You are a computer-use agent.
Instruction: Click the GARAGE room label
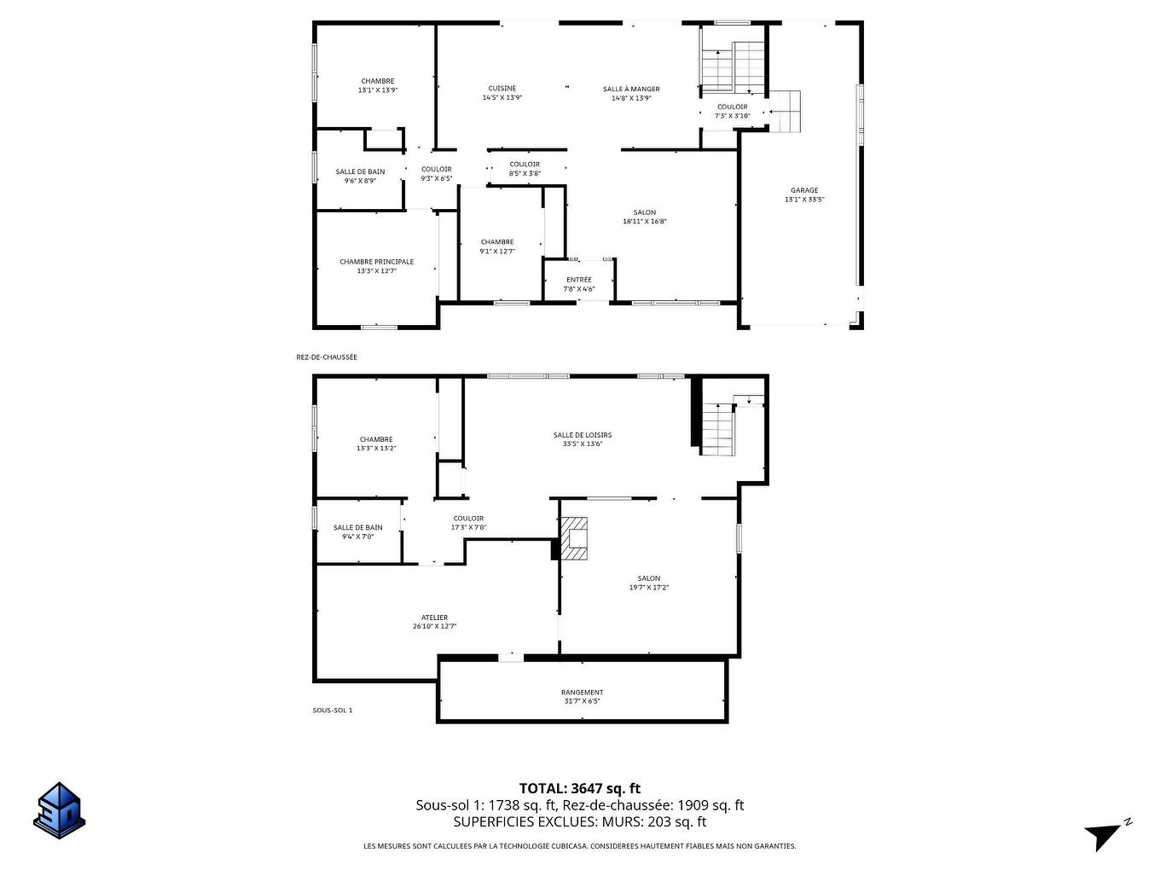(804, 190)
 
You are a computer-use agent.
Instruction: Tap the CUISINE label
(502, 89)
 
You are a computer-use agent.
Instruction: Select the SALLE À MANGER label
(631, 89)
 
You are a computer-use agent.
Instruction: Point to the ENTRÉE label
(578, 280)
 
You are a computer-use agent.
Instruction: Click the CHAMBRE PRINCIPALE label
(376, 262)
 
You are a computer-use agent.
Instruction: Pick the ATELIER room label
(434, 618)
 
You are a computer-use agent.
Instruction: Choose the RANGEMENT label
(582, 693)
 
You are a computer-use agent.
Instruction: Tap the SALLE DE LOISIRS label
(582, 435)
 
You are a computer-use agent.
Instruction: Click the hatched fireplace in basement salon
(576, 538)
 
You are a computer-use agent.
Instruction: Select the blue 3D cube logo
(60, 810)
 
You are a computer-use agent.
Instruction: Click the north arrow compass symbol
(1105, 834)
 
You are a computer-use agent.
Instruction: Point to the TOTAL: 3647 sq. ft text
(579, 788)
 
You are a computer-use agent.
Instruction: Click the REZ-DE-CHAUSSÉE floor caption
(327, 357)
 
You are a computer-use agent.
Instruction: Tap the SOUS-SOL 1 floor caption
(332, 710)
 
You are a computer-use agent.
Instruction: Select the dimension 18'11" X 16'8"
(644, 222)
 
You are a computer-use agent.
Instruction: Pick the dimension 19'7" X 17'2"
(648, 587)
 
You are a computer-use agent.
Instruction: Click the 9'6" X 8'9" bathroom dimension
(360, 181)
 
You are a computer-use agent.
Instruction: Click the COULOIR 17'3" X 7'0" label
(468, 522)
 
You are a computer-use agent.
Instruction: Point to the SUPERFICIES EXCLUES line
(579, 822)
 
